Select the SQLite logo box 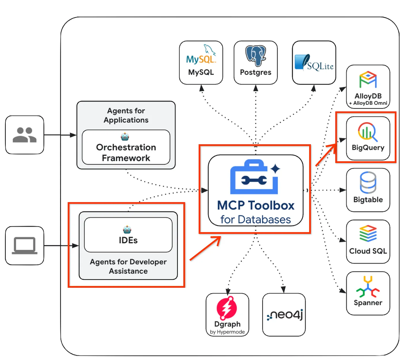[314, 62]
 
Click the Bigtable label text [368, 200]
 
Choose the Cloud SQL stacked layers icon [368, 234]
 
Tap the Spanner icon [368, 287]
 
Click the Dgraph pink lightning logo [227, 308]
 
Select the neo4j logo [284, 315]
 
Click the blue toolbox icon [255, 177]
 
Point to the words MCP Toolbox [256, 206]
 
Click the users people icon [24, 135]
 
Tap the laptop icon [24, 246]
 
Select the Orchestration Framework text [126, 153]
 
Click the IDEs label [128, 240]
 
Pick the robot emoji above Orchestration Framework [125, 137]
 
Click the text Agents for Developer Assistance [128, 266]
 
